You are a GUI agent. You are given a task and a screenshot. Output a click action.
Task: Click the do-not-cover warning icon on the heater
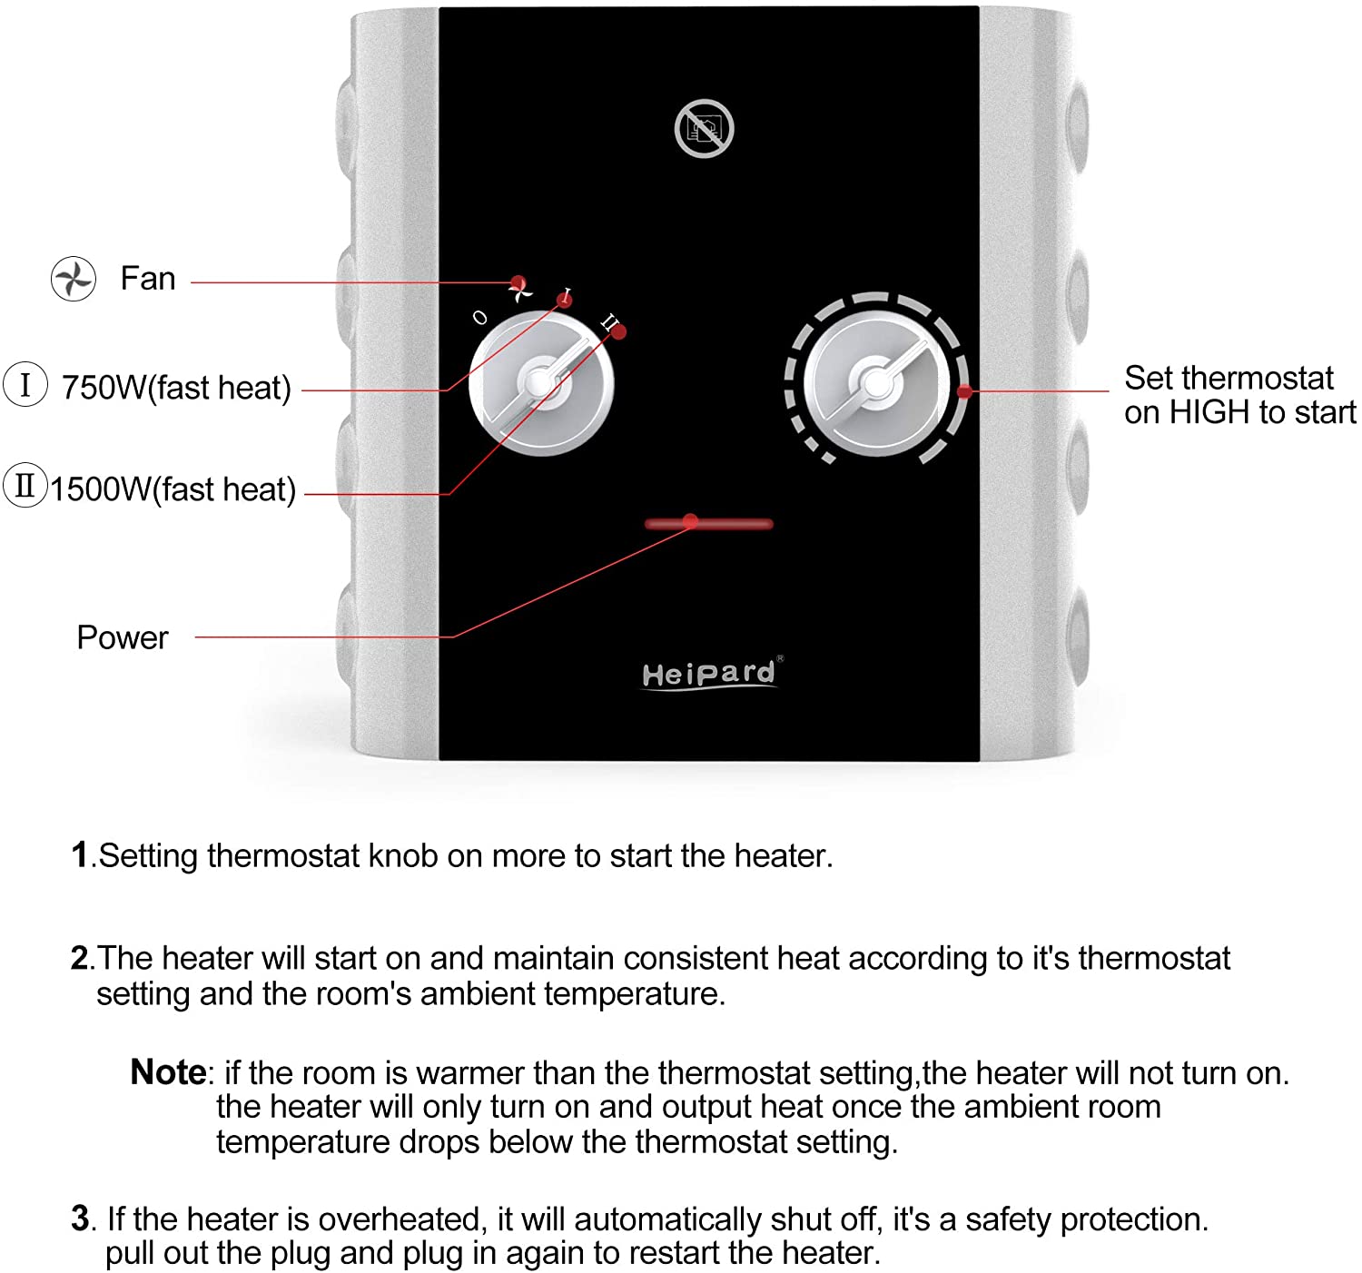point(704,128)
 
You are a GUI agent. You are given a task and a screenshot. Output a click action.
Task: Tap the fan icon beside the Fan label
point(74,279)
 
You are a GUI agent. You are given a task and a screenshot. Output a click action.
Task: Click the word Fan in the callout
point(148,279)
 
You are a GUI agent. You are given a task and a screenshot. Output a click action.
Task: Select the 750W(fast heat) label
point(176,388)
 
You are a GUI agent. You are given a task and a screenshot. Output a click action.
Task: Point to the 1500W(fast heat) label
point(173,489)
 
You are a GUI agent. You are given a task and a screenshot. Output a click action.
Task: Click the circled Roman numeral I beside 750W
point(25,384)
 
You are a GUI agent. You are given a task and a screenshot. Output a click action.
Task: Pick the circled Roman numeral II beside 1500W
point(25,485)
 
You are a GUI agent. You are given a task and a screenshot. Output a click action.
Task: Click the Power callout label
point(123,637)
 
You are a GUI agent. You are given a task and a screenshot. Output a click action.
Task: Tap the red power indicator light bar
point(708,524)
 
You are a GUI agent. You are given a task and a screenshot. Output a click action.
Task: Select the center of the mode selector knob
point(540,383)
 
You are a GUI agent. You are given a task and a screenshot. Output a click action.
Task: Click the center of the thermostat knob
point(876,384)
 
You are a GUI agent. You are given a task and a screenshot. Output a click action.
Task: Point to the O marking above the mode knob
point(480,318)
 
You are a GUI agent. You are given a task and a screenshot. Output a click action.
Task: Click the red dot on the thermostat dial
point(964,391)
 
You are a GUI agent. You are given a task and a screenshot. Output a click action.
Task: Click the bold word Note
point(169,1071)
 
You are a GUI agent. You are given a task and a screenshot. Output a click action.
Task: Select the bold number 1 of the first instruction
point(80,854)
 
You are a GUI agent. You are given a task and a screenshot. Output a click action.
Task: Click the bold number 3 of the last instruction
point(80,1219)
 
